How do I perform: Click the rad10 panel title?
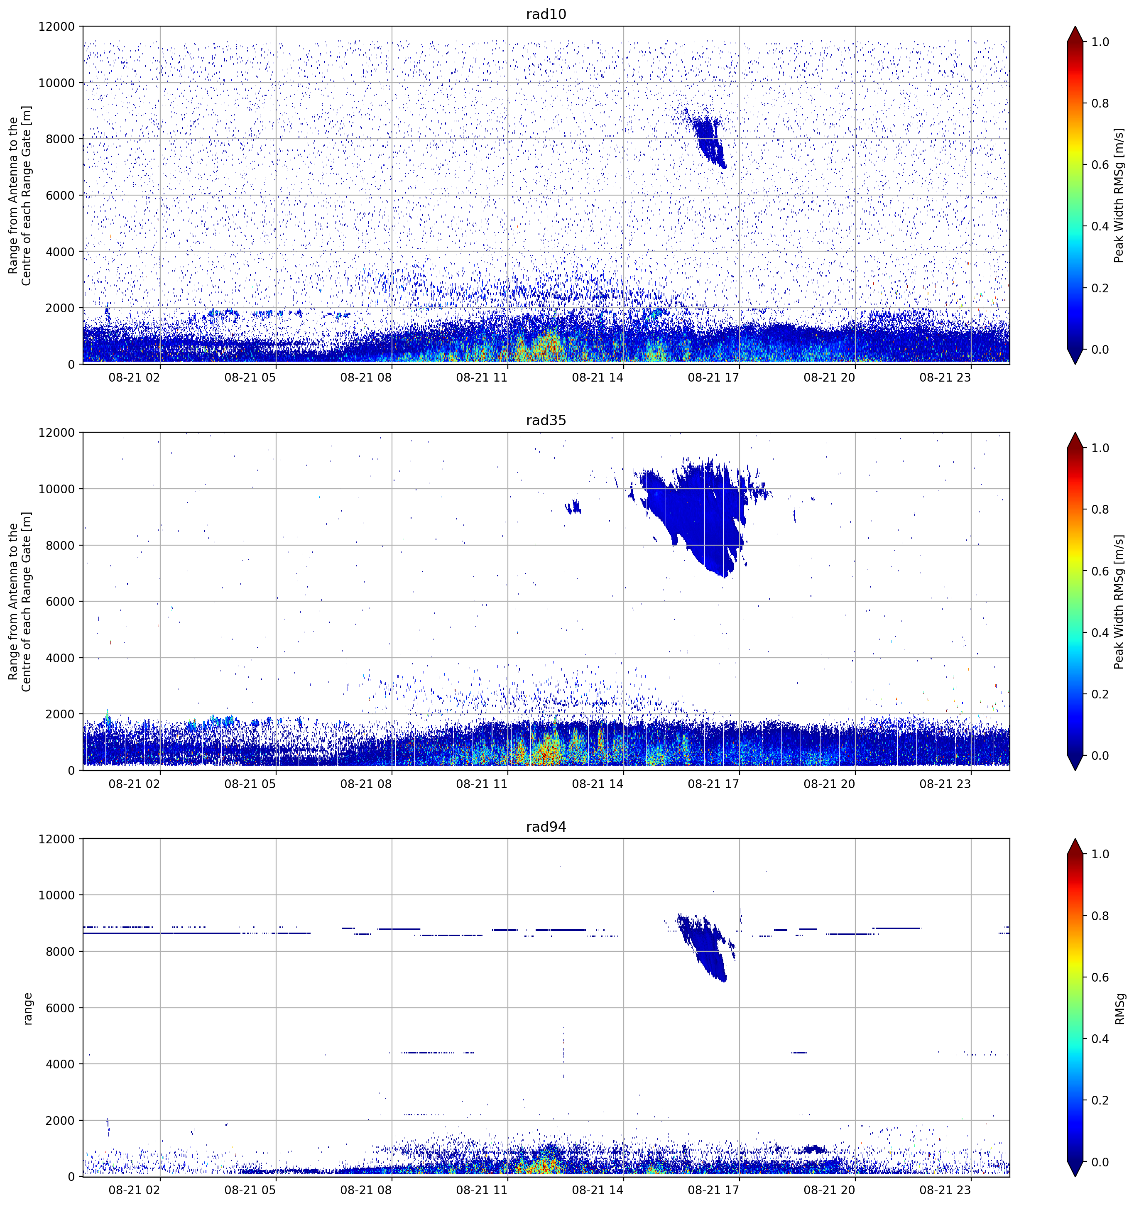546,14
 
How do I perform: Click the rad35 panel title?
546,420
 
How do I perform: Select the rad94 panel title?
546,826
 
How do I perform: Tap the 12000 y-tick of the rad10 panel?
56,27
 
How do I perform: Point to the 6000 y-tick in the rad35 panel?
60,601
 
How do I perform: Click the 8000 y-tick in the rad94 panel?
60,951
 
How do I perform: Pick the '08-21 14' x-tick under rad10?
597,377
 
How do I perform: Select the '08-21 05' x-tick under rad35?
250,784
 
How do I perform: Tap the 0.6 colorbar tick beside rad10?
1100,165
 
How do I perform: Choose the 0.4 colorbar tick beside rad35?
1100,633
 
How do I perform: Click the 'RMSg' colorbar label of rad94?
1120,1009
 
